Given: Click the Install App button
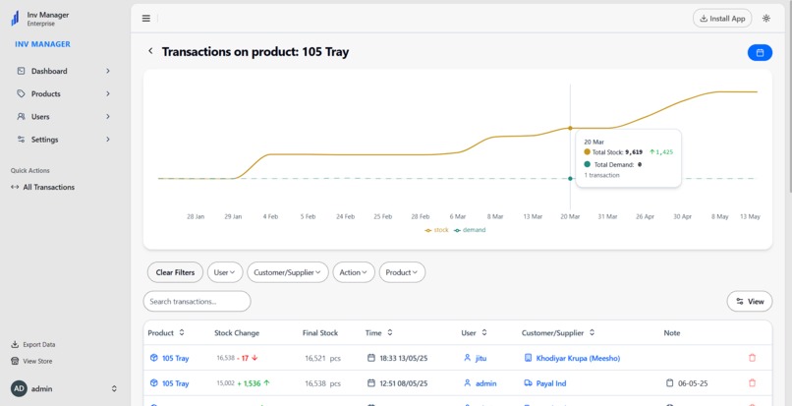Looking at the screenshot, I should point(721,18).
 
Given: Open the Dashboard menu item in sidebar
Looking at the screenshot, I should point(49,71).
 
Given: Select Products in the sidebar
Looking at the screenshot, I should point(45,93).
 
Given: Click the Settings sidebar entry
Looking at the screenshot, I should point(44,140).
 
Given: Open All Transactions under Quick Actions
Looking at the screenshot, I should point(48,187).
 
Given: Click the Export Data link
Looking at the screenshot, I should point(38,345).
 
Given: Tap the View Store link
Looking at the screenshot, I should point(37,361).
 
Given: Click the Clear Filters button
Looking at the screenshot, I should point(175,272).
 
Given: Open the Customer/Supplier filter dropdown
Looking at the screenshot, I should point(287,272).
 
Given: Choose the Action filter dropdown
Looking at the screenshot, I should point(353,272).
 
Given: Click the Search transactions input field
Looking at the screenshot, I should point(197,301).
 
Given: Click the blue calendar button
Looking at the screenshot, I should point(760,52).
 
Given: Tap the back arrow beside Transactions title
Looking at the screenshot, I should point(150,51).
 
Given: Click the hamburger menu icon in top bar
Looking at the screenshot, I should point(146,18).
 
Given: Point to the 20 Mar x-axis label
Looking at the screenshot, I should point(570,216).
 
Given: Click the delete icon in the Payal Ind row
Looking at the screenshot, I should point(753,383).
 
